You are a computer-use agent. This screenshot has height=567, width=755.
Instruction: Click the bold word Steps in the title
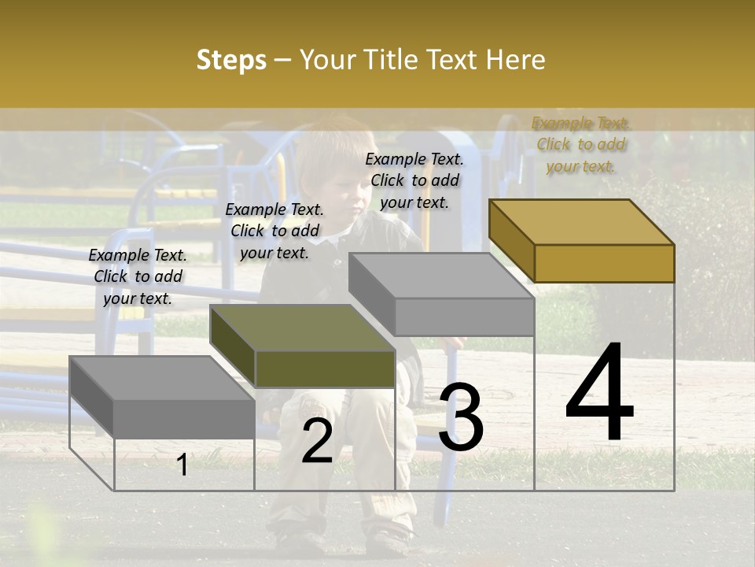231,60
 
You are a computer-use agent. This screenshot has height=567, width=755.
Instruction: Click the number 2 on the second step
317,441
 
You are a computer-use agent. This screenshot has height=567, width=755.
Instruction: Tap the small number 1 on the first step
182,465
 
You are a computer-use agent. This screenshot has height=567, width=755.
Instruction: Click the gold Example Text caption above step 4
580,145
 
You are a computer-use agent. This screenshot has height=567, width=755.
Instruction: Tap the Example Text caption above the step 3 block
414,180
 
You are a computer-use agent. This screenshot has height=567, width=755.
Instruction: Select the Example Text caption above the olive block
274,232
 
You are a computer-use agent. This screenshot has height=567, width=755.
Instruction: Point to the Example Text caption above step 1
138,276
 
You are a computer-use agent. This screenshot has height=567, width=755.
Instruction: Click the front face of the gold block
604,263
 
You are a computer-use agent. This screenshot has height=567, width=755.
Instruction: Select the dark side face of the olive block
233,346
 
